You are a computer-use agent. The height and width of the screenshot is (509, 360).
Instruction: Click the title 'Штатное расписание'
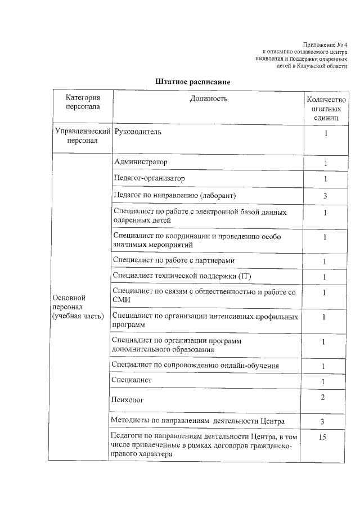(193, 82)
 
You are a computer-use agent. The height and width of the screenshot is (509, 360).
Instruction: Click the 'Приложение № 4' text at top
(325, 44)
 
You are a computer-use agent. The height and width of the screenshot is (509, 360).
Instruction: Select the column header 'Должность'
(208, 99)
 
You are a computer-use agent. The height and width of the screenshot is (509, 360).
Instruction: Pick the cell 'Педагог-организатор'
(149, 178)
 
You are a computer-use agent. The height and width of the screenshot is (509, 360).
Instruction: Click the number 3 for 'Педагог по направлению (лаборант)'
(325, 196)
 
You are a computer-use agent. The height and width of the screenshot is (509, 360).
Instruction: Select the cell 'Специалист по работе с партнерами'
(173, 260)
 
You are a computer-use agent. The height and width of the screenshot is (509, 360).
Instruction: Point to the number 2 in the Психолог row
(323, 398)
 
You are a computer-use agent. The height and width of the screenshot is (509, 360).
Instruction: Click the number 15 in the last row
(322, 437)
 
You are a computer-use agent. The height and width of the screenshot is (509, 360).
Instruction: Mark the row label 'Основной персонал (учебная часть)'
(78, 307)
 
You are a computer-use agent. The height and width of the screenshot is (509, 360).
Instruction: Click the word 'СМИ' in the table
(121, 300)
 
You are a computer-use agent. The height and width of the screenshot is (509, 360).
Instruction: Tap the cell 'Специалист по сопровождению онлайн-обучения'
(195, 366)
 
